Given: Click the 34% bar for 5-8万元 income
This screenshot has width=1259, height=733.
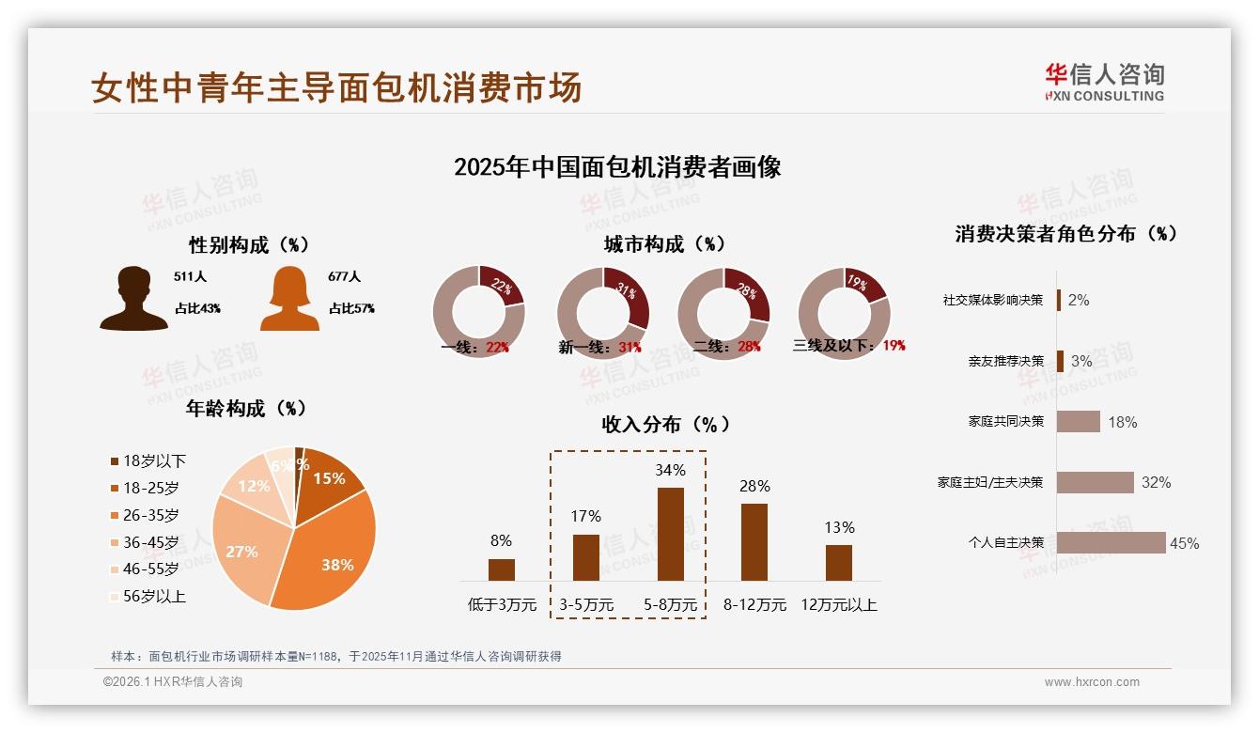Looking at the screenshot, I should click(x=670, y=534).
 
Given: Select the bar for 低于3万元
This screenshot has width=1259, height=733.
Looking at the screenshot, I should click(x=502, y=569).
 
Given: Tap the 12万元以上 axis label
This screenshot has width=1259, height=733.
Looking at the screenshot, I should click(x=838, y=605).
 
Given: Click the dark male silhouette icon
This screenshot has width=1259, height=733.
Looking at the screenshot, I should click(x=133, y=299).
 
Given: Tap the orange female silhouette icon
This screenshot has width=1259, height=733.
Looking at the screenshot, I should click(x=289, y=299).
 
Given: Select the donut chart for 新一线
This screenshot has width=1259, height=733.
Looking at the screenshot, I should click(x=603, y=313).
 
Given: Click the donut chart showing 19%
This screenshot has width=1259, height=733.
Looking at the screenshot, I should click(x=843, y=313).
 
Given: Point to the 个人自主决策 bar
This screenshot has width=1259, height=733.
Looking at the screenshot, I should click(x=1111, y=543).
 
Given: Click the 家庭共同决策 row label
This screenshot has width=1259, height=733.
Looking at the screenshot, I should click(x=1005, y=422).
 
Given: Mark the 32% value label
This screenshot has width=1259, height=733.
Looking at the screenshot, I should click(x=1156, y=483).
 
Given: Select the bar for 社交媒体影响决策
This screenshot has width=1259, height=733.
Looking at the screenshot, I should click(x=1059, y=300).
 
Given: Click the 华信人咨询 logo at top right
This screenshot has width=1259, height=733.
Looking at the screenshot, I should click(x=1104, y=83).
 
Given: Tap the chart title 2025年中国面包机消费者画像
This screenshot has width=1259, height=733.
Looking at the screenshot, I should click(x=617, y=167).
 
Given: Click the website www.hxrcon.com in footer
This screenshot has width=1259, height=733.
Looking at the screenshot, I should click(x=1091, y=682).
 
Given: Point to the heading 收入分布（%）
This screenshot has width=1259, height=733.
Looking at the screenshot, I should click(x=665, y=424).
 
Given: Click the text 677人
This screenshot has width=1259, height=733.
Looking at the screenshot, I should click(x=345, y=277).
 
